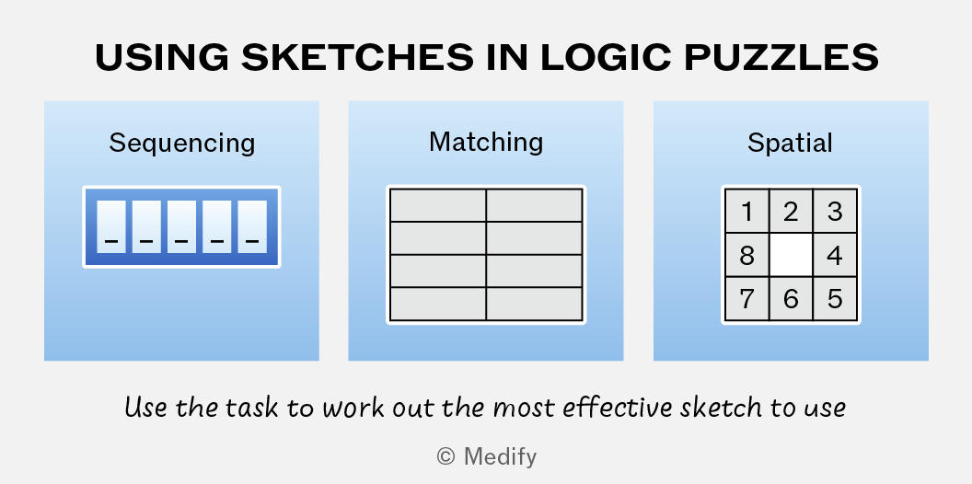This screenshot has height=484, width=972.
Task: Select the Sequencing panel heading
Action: click(x=182, y=144)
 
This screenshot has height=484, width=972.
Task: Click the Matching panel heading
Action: click(x=486, y=143)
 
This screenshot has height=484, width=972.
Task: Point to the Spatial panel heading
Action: click(x=790, y=144)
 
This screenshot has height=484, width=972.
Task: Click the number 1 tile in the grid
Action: click(x=747, y=212)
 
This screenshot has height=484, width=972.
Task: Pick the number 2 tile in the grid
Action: click(x=791, y=212)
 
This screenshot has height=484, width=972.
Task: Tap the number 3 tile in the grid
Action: click(x=835, y=212)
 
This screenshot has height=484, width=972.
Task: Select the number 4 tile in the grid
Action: click(x=835, y=255)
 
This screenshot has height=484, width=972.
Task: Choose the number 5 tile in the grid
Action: click(x=835, y=299)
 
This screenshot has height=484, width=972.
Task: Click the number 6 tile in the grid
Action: click(x=791, y=299)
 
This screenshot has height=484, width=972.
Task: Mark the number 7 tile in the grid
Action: click(x=747, y=299)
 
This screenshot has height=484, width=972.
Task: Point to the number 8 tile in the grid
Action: click(x=747, y=255)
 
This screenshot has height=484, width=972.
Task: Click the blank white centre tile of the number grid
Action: click(x=791, y=255)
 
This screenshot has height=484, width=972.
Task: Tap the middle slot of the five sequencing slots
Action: click(x=181, y=226)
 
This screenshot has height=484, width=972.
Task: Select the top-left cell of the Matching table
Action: click(x=437, y=205)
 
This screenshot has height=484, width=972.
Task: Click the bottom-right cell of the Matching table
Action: click(x=535, y=304)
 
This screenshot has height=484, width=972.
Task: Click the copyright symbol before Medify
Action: click(x=445, y=457)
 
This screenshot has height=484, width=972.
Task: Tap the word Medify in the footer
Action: click(x=500, y=457)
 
